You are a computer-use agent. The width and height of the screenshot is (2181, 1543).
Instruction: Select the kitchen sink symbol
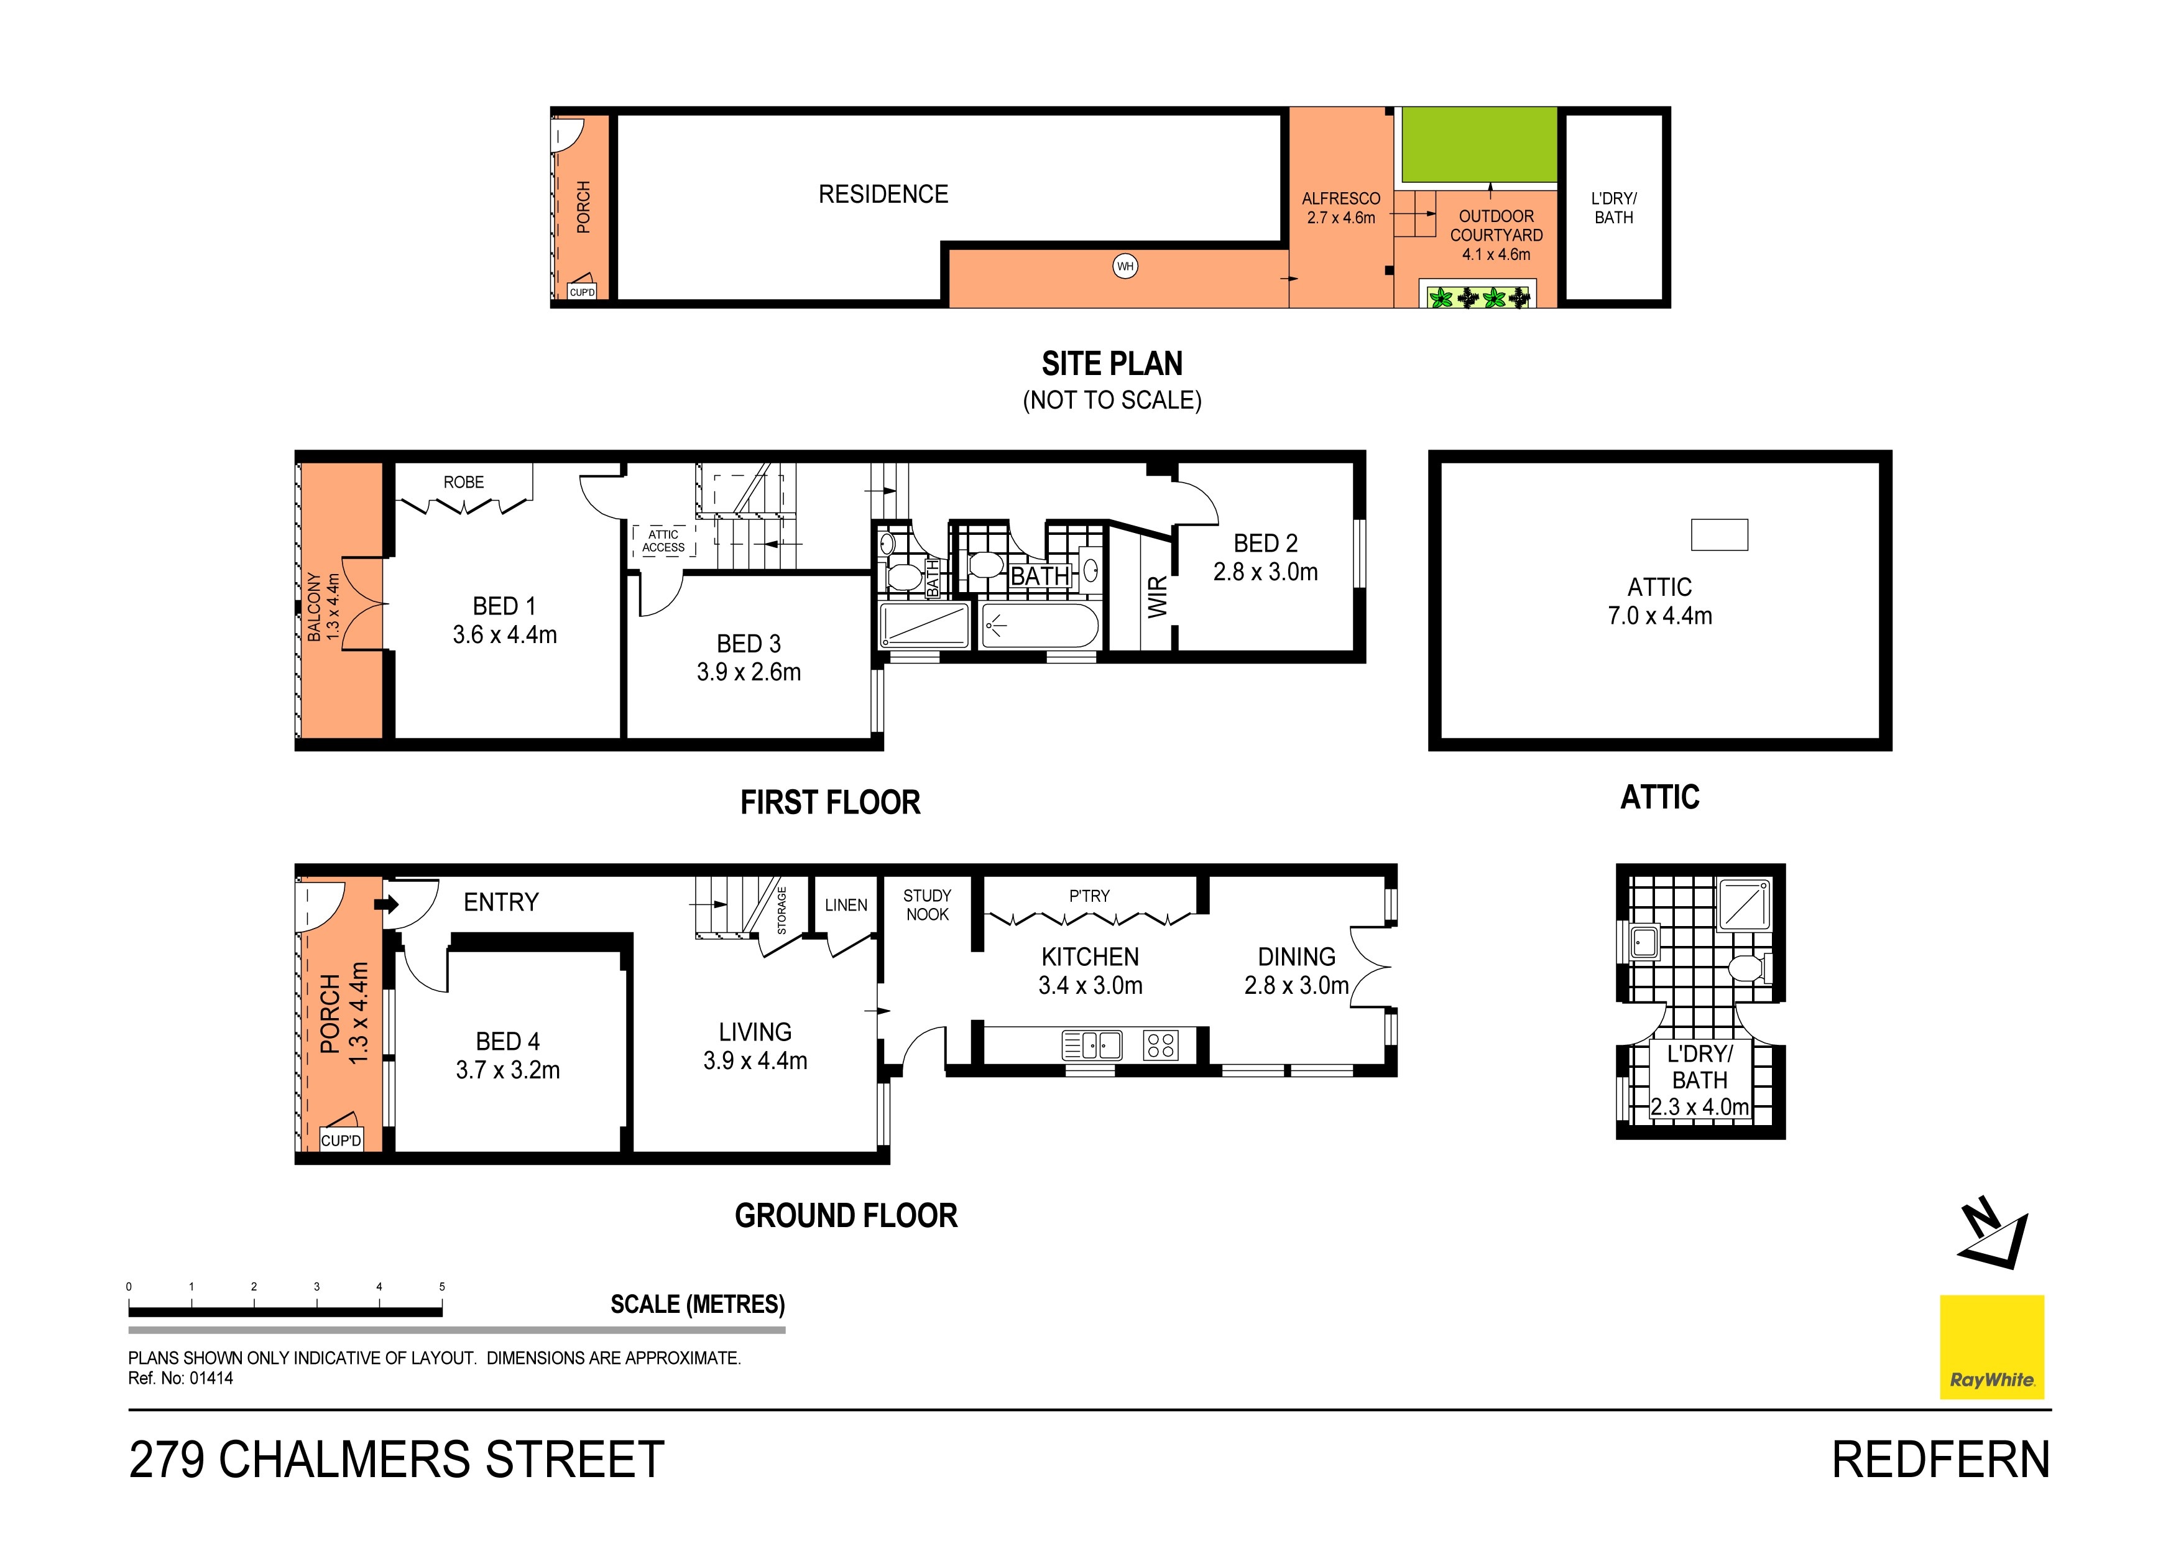[x=1092, y=1045]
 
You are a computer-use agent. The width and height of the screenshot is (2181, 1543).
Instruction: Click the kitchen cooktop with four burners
[x=1161, y=1045]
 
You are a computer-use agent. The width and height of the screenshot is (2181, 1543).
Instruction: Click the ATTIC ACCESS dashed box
[x=664, y=540]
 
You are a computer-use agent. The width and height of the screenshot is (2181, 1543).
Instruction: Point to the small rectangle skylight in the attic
[x=1718, y=534]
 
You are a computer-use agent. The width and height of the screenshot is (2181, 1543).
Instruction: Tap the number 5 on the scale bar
[x=441, y=1287]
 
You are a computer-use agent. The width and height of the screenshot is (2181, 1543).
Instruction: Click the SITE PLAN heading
[x=1112, y=364]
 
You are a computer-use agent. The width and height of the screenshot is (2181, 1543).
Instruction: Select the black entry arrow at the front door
[x=387, y=904]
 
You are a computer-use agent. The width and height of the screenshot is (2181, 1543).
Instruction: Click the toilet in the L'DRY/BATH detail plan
[x=1748, y=968]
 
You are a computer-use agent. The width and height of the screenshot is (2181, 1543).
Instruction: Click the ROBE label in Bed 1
[x=464, y=483]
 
